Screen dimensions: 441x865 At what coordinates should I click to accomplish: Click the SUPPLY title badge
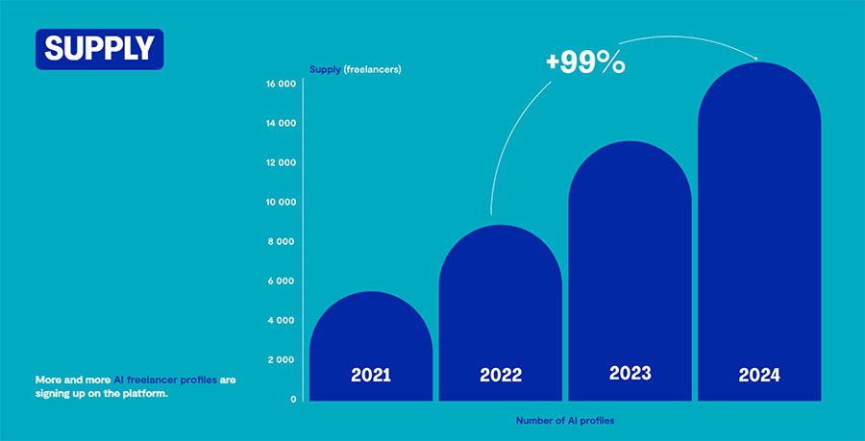99,49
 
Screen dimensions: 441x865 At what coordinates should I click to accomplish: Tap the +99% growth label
585,62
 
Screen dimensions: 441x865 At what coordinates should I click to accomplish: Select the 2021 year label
371,375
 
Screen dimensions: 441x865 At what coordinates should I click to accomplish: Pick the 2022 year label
500,375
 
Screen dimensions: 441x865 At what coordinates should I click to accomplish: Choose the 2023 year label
630,373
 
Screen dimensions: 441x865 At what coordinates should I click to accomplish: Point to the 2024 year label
759,375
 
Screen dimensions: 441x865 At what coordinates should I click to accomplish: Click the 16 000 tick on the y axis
281,85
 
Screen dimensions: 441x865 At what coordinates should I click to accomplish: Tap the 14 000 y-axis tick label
281,124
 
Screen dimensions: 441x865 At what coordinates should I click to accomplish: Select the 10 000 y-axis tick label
281,203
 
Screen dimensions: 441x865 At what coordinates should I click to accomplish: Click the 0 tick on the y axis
293,399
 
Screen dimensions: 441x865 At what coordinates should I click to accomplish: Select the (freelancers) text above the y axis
372,69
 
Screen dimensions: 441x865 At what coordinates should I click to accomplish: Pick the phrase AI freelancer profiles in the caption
165,380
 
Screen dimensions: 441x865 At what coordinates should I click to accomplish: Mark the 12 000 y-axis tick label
281,163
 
